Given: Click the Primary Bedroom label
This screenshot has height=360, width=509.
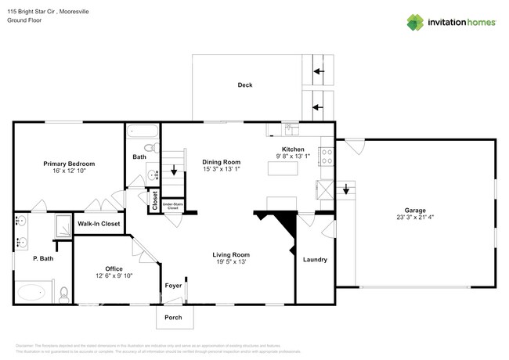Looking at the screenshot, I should [x=69, y=164].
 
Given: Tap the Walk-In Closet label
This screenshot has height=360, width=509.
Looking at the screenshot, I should [x=99, y=224].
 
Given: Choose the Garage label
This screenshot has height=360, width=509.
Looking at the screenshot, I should [x=415, y=209].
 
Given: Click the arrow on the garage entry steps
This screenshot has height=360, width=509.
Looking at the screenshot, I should [x=346, y=189].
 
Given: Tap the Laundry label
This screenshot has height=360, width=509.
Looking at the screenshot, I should [x=315, y=259].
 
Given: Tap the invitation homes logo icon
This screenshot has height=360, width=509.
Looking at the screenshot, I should [x=415, y=23].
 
